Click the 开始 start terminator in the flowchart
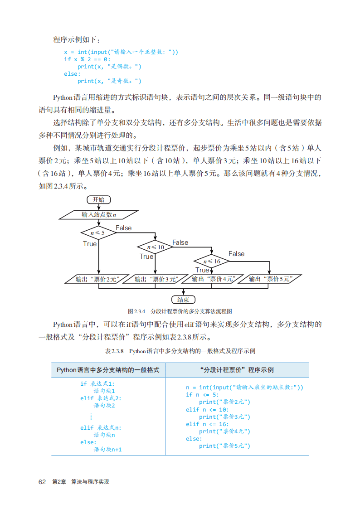98,200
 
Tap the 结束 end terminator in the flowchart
183,300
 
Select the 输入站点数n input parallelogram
99,214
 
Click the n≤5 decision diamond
98,233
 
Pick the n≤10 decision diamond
155,247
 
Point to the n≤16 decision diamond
212,261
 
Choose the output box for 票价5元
269,279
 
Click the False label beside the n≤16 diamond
236,254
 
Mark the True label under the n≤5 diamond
90,244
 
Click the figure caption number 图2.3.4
136,311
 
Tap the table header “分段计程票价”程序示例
237,370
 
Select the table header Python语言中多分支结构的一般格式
108,370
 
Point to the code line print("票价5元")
224,446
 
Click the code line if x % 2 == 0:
87,59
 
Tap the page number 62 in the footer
43,481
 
